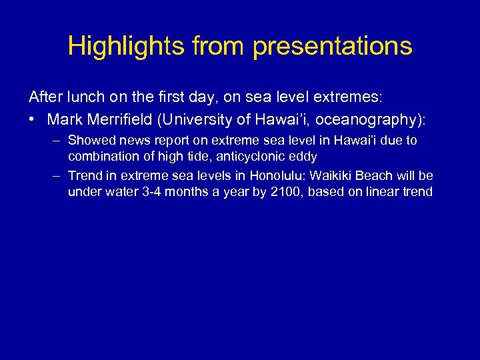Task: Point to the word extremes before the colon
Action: [x=346, y=97]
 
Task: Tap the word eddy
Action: [x=301, y=156]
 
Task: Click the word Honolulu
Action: [x=276, y=176]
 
